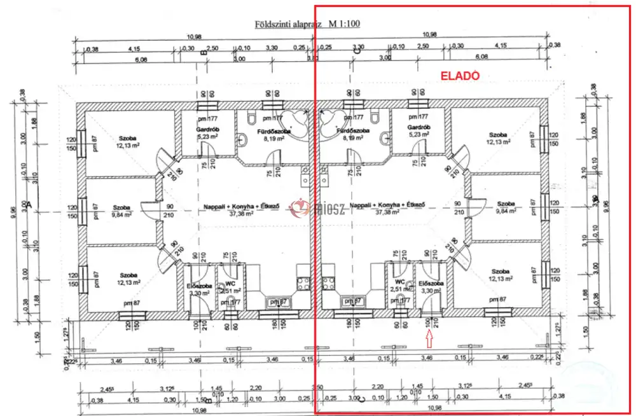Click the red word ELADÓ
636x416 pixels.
(459, 75)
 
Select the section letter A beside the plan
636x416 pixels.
(29, 205)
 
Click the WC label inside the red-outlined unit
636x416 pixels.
(400, 282)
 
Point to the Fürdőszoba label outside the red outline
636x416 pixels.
(275, 130)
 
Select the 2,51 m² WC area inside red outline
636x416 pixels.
(400, 289)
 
